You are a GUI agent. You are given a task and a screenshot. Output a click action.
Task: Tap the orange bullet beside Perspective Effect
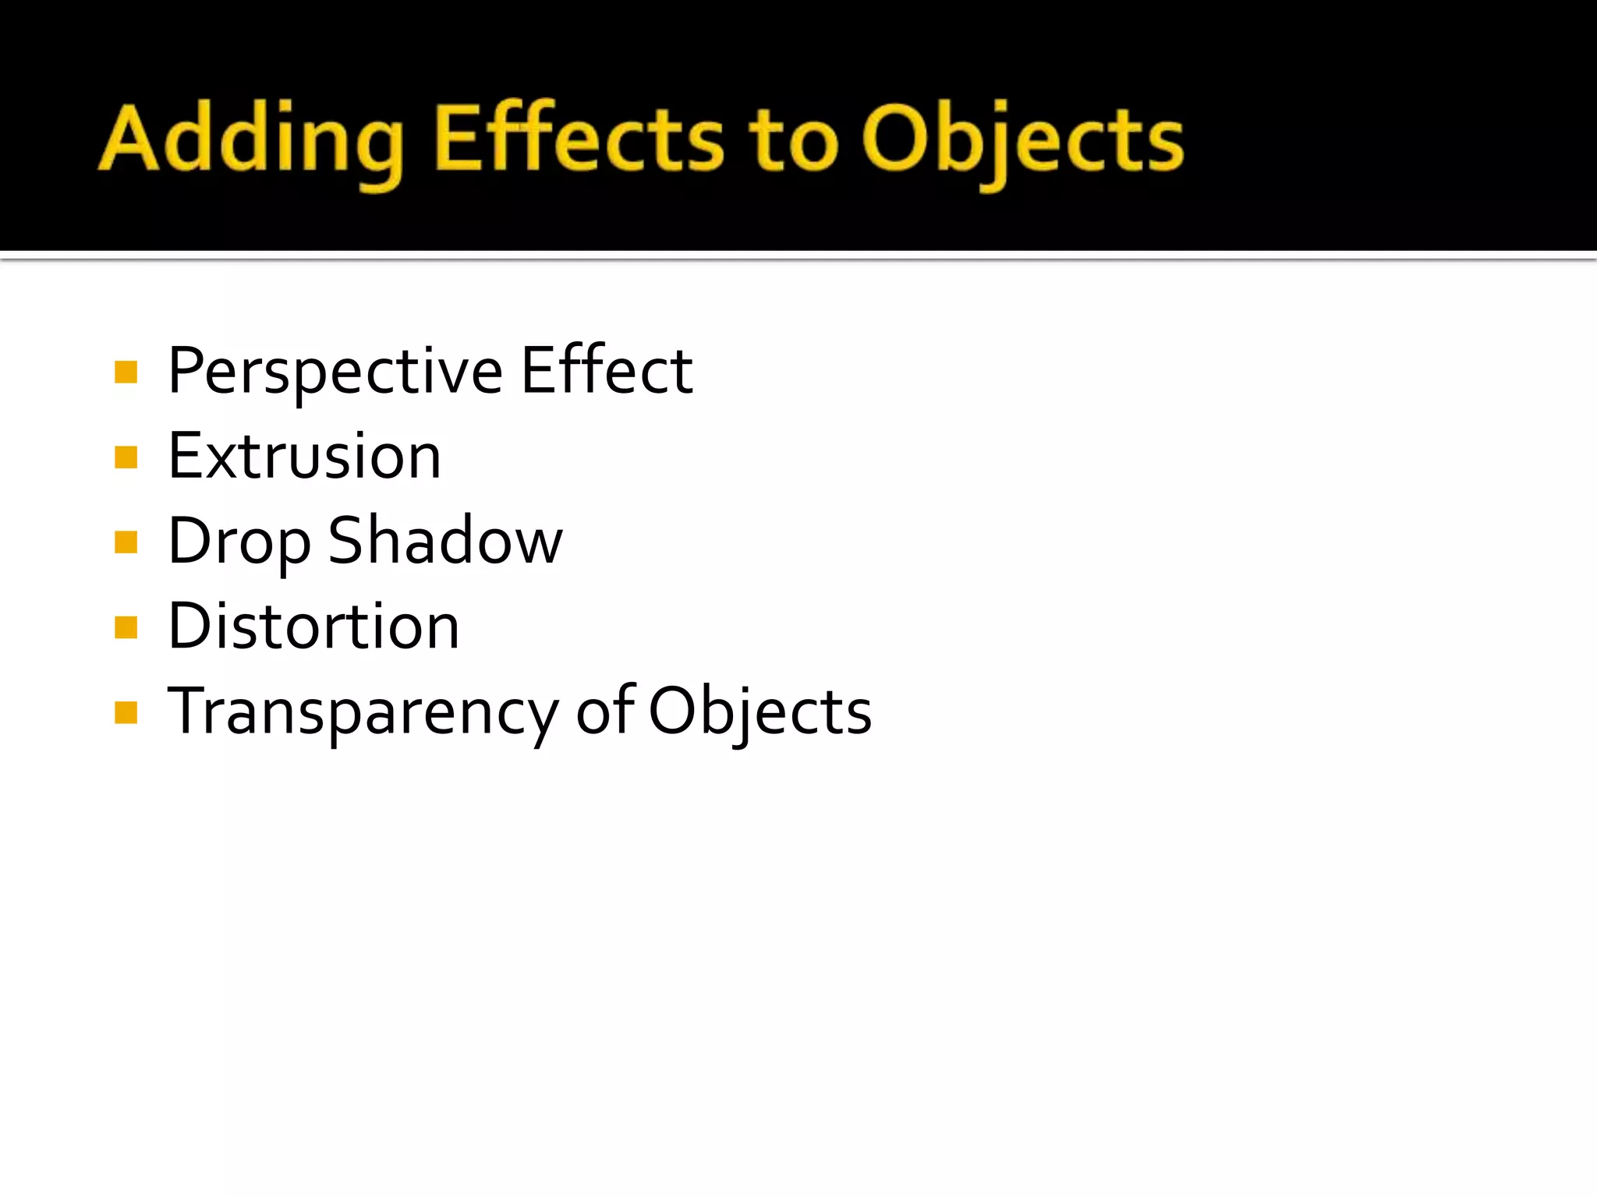(126, 373)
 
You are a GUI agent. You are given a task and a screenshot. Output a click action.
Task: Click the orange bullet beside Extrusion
(126, 457)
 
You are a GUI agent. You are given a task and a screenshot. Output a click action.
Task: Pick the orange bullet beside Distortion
(126, 627)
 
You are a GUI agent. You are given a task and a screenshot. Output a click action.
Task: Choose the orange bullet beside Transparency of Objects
(126, 712)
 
